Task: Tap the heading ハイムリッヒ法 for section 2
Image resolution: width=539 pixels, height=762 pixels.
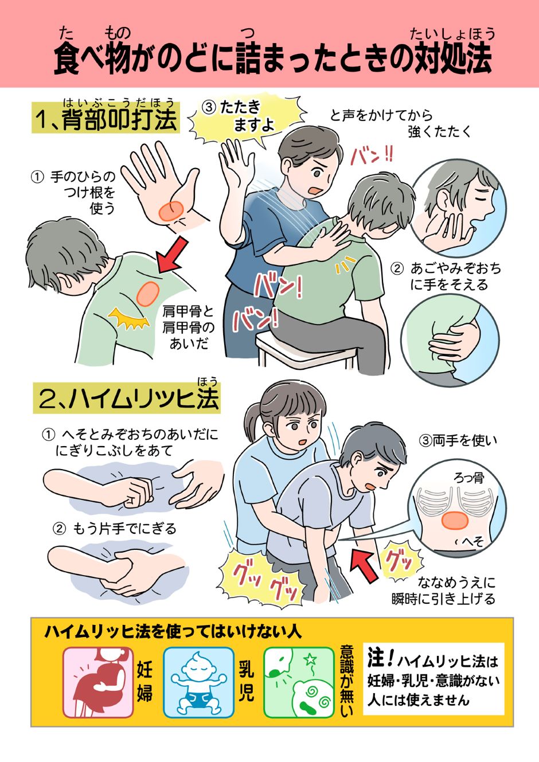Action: tap(128, 399)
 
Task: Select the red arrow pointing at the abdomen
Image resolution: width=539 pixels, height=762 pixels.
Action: tap(363, 563)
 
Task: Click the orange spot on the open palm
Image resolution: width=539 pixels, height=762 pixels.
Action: tap(171, 210)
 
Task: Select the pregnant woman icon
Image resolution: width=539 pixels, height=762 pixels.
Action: tap(97, 682)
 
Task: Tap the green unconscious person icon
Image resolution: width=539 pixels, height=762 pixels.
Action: tap(299, 682)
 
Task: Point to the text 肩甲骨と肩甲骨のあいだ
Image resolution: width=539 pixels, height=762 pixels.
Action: tap(188, 327)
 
